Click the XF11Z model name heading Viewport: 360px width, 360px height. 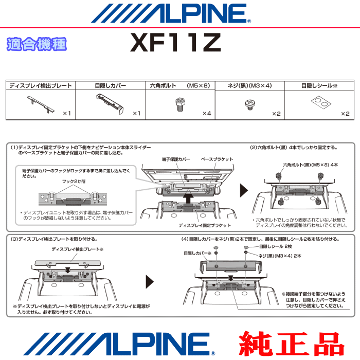176,43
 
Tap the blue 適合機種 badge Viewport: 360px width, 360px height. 37,44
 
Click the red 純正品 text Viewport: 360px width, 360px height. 292,344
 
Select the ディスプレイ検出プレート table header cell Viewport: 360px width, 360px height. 41,86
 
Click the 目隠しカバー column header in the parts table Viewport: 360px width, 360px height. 111,86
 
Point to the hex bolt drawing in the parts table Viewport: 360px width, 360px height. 180,104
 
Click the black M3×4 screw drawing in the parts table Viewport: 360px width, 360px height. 250,105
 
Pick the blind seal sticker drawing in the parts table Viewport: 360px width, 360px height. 321,102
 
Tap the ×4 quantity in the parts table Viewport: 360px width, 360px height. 207,114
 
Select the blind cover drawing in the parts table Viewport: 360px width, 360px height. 110,104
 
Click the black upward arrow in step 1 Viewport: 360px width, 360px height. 189,198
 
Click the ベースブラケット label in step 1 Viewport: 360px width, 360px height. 217,159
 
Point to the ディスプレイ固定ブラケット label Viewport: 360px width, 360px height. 205,225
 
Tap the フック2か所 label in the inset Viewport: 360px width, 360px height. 74,182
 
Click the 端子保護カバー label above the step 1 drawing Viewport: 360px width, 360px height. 176,159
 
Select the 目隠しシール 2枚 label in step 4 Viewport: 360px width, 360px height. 275,246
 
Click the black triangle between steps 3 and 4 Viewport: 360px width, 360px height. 150,282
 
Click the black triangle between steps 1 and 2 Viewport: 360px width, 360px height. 244,190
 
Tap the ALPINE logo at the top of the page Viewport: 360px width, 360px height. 171,13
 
